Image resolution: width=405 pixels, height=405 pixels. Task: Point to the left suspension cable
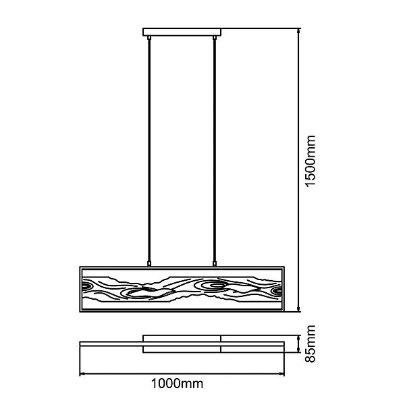[148, 148]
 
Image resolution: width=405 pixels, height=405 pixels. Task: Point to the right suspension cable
[215, 148]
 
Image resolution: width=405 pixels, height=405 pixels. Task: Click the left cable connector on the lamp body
[148, 263]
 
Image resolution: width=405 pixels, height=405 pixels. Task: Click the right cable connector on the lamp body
[215, 263]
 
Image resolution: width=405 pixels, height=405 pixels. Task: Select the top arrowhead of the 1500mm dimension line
[298, 31]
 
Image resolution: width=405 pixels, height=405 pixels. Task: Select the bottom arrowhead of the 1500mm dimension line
[298, 311]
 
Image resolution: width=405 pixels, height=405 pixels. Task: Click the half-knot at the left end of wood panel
[86, 289]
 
